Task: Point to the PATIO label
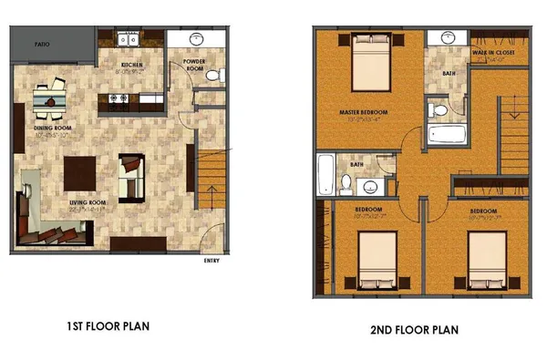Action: [x=41, y=43]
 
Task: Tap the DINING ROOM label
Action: [x=53, y=129]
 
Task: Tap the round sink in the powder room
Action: [x=199, y=39]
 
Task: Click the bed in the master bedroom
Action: [x=369, y=57]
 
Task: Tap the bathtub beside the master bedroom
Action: [x=448, y=137]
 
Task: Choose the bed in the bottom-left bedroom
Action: [x=376, y=256]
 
